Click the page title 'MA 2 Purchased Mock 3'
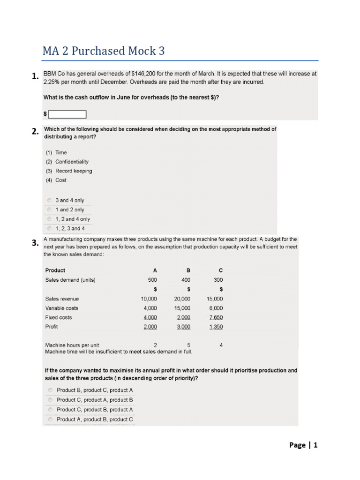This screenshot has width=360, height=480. click(104, 51)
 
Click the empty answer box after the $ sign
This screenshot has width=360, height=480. click(67, 114)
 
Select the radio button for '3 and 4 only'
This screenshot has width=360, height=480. click(49, 200)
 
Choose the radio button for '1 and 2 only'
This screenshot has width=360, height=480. click(49, 210)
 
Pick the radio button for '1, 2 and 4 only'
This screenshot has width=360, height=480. click(49, 219)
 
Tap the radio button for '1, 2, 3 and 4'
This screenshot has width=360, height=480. click(49, 229)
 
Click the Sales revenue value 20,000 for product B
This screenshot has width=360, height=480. click(182, 299)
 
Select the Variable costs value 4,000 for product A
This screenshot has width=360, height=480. click(150, 308)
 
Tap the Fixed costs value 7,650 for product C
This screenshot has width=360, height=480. click(216, 317)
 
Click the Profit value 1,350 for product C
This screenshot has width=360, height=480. click(216, 327)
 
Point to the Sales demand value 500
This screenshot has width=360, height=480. click(152, 280)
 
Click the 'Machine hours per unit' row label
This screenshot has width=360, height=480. click(72, 345)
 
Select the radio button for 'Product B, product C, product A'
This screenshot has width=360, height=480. click(50, 390)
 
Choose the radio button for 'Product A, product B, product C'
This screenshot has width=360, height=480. click(50, 420)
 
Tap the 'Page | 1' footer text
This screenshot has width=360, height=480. click(304, 445)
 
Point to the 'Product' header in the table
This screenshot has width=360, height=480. click(55, 270)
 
